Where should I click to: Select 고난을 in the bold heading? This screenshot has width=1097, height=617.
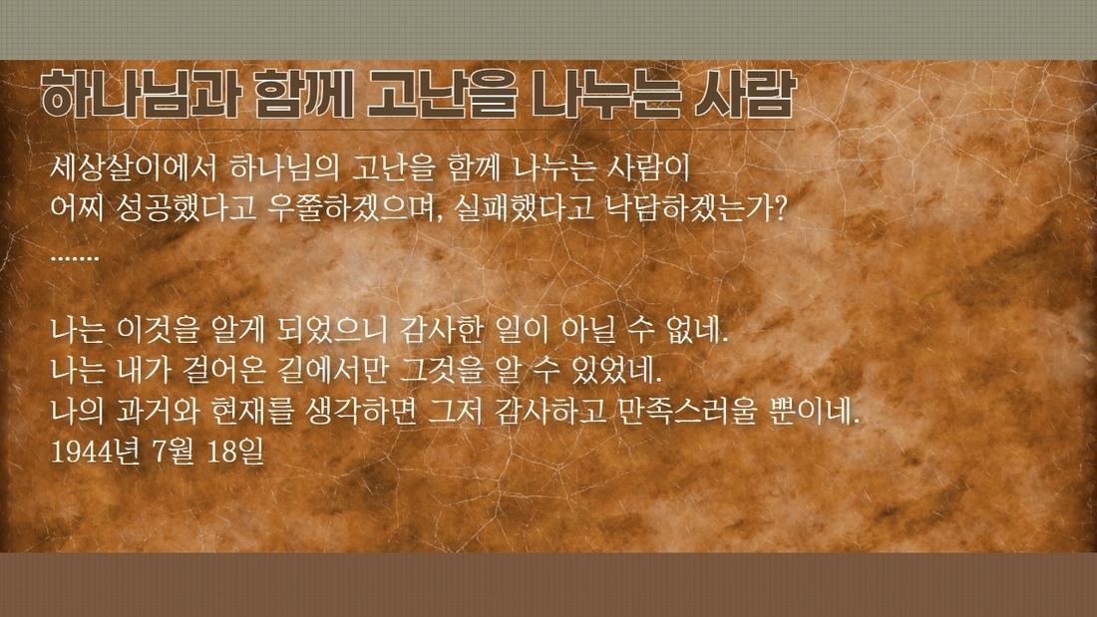[442, 95]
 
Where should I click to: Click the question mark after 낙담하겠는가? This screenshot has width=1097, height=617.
[780, 208]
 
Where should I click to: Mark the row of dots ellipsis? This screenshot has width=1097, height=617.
[75, 258]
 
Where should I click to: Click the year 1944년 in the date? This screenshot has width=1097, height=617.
[94, 452]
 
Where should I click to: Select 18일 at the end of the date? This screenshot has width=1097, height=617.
[235, 452]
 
